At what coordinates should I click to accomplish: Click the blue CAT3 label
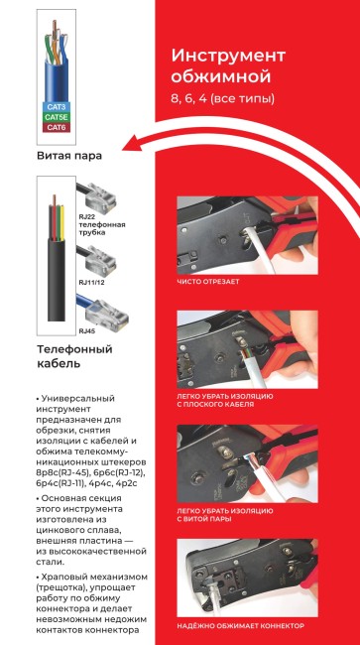click(x=56, y=105)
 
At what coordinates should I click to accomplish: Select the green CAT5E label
click(x=56, y=116)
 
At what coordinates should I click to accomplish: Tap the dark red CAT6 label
click(x=56, y=127)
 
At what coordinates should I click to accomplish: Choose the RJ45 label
click(x=86, y=329)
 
